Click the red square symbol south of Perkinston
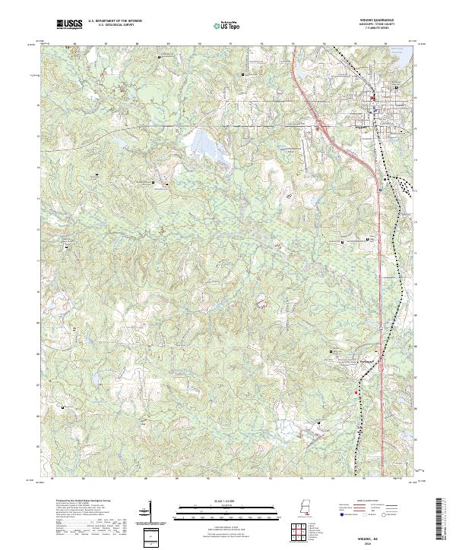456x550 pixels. (356, 392)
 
